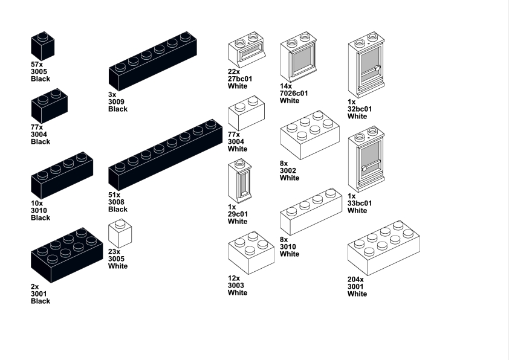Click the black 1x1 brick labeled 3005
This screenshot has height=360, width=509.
(x=42, y=47)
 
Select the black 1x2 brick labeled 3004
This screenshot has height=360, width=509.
(x=49, y=106)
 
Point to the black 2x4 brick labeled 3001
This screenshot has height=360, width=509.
(x=66, y=254)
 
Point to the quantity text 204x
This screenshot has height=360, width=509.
(x=357, y=280)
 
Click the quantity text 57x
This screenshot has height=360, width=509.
(x=37, y=64)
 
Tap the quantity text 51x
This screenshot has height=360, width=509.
(x=114, y=195)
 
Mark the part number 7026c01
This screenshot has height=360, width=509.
(x=294, y=94)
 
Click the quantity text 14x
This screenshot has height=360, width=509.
(x=286, y=86)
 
